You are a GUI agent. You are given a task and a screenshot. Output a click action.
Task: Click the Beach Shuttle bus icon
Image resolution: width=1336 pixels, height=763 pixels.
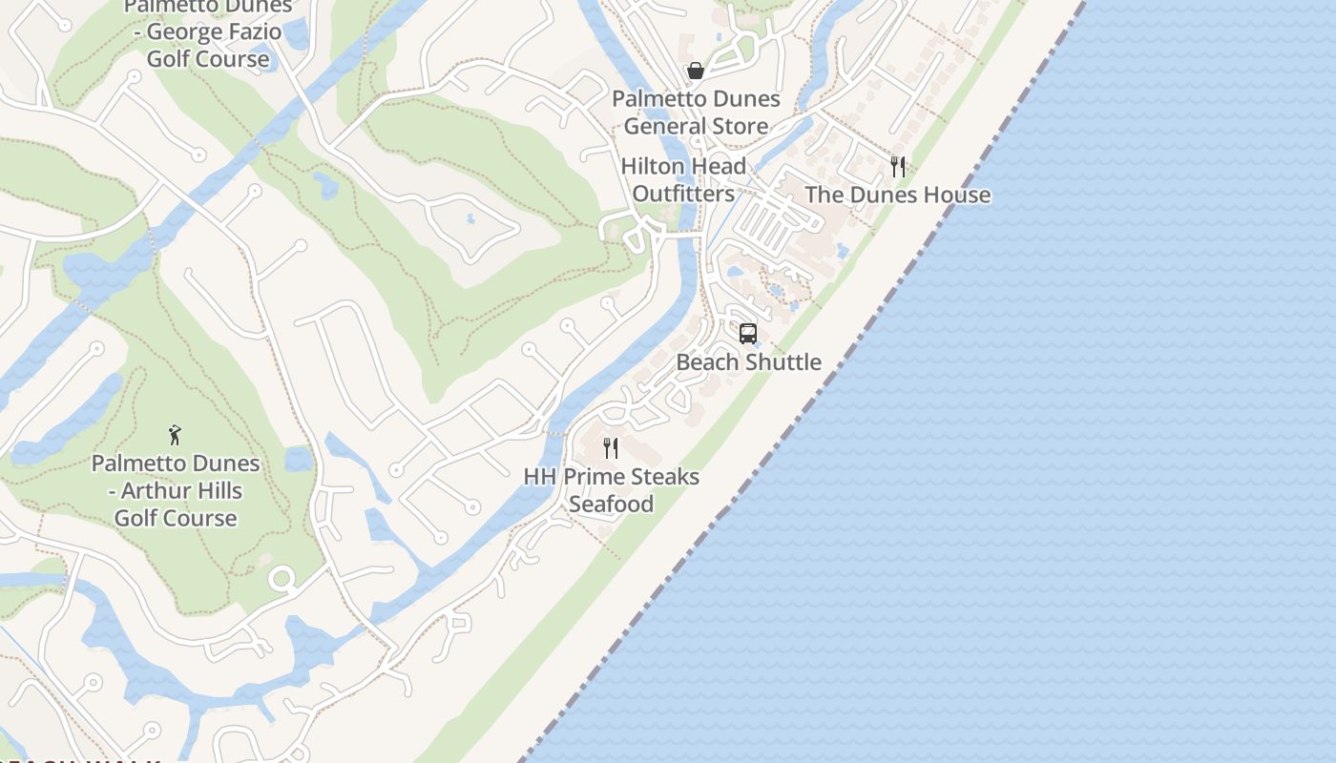click(748, 334)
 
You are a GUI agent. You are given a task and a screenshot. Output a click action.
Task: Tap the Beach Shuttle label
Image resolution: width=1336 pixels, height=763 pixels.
click(748, 362)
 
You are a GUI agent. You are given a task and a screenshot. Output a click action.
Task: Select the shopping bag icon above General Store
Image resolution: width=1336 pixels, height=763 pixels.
click(696, 71)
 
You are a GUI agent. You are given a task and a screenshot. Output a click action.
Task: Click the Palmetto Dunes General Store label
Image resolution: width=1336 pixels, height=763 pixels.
click(696, 113)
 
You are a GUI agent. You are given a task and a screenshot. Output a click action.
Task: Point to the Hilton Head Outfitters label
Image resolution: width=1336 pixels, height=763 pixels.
click(683, 180)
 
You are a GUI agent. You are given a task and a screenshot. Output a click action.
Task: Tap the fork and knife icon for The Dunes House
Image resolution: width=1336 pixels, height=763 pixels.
click(897, 167)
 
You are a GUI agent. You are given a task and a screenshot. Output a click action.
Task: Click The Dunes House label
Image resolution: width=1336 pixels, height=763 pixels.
click(897, 196)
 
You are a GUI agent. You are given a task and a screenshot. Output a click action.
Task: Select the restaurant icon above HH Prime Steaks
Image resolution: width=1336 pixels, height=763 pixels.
click(611, 447)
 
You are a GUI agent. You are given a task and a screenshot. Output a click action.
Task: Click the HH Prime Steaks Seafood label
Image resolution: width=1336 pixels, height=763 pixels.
click(611, 490)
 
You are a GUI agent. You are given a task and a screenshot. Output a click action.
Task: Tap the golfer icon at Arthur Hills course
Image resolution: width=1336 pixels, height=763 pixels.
click(175, 435)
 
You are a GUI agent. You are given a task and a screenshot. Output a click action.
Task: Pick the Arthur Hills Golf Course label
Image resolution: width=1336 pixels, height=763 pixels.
click(176, 491)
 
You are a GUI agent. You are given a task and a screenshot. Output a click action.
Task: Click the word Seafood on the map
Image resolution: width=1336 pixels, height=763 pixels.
click(611, 505)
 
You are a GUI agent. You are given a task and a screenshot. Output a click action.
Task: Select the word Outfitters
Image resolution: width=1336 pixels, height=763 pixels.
click(683, 194)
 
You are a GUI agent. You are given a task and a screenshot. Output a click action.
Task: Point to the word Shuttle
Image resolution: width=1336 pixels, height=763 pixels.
click(784, 362)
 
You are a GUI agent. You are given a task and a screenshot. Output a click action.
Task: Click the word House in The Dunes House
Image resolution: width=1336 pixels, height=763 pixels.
click(956, 196)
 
